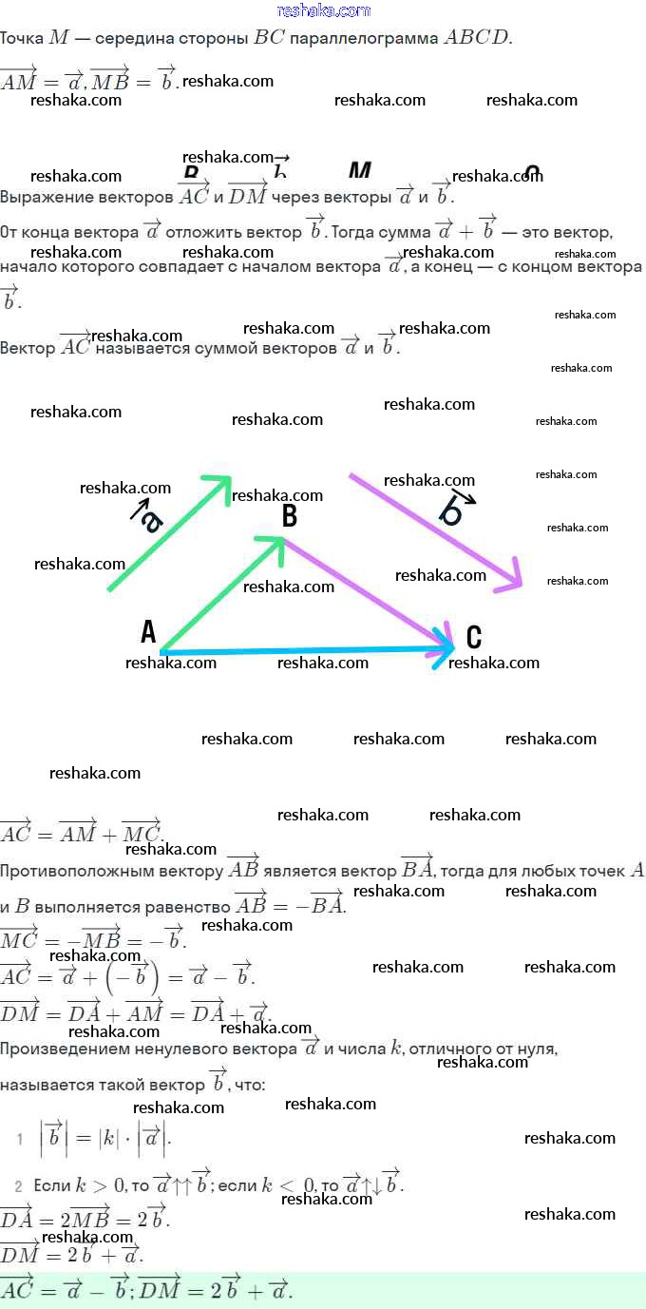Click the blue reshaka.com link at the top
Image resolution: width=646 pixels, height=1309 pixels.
tap(323, 10)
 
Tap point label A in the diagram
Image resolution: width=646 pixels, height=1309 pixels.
tap(148, 631)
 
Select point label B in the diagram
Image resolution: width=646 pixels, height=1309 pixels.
tap(290, 516)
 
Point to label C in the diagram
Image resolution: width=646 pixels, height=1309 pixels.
tap(474, 637)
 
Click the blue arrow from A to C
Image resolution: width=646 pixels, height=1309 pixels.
tap(304, 651)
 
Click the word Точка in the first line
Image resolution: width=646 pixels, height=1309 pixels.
tap(22, 38)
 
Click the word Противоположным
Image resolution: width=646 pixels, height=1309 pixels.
tap(111, 870)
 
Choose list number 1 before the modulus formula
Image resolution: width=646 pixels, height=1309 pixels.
tap(20, 1139)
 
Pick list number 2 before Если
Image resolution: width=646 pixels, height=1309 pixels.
tap(18, 1186)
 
